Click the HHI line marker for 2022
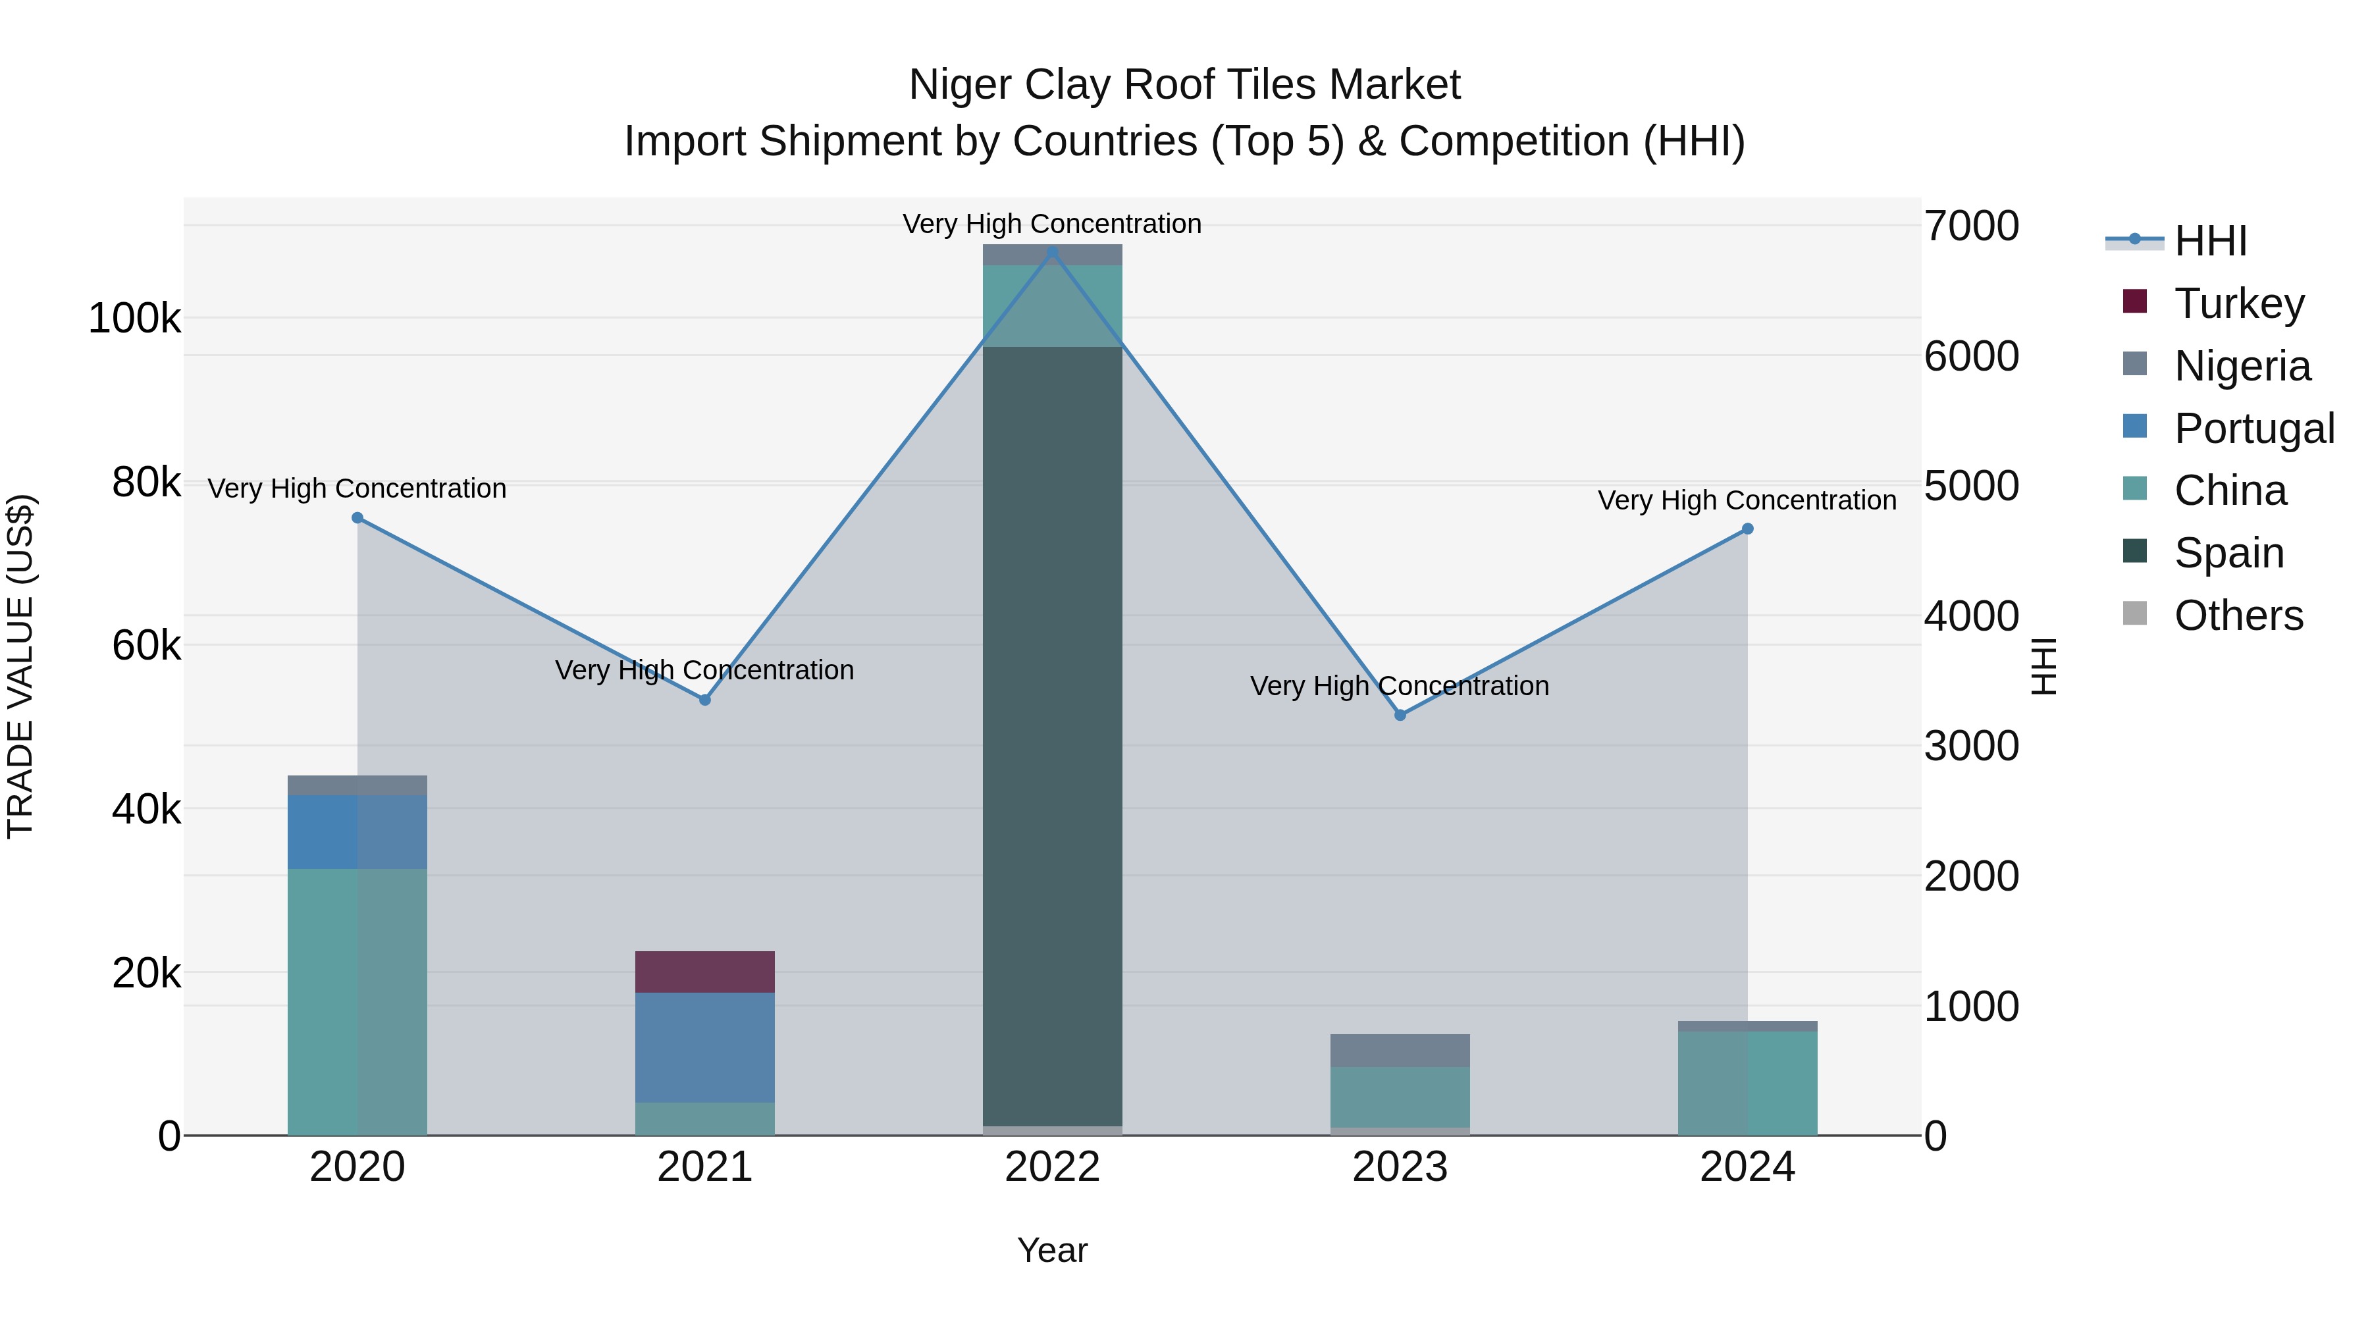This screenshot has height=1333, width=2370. (x=1053, y=251)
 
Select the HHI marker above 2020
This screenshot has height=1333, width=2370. (x=358, y=518)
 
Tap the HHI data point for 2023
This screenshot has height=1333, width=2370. (x=1400, y=715)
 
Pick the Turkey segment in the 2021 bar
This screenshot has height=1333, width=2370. (x=704, y=972)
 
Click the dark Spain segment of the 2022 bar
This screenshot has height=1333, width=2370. (x=1053, y=736)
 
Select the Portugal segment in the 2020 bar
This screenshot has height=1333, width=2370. (x=358, y=831)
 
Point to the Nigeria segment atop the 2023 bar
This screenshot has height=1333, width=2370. (x=1400, y=1051)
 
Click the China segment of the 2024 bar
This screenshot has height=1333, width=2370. (x=1747, y=1083)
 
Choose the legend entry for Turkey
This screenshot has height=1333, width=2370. (x=2238, y=303)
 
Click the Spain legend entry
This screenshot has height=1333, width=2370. (x=2228, y=553)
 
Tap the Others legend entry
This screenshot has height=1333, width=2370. (x=2238, y=615)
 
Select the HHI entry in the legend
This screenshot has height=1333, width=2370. (x=2210, y=241)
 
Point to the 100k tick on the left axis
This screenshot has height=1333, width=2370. (x=134, y=319)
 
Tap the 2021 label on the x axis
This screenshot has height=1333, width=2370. (x=704, y=1167)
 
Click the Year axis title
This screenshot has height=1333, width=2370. (x=1053, y=1250)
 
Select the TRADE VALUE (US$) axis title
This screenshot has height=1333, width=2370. (x=20, y=666)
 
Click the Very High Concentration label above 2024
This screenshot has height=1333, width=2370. (x=1747, y=500)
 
